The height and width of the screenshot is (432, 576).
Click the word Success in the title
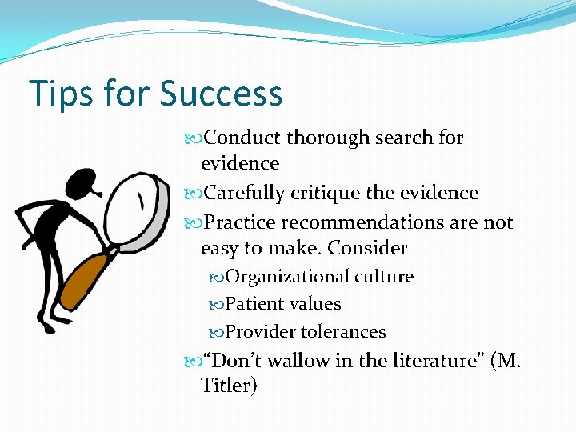tap(221, 94)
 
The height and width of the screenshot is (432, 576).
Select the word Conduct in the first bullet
tap(243, 138)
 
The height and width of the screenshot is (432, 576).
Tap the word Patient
tap(251, 304)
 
